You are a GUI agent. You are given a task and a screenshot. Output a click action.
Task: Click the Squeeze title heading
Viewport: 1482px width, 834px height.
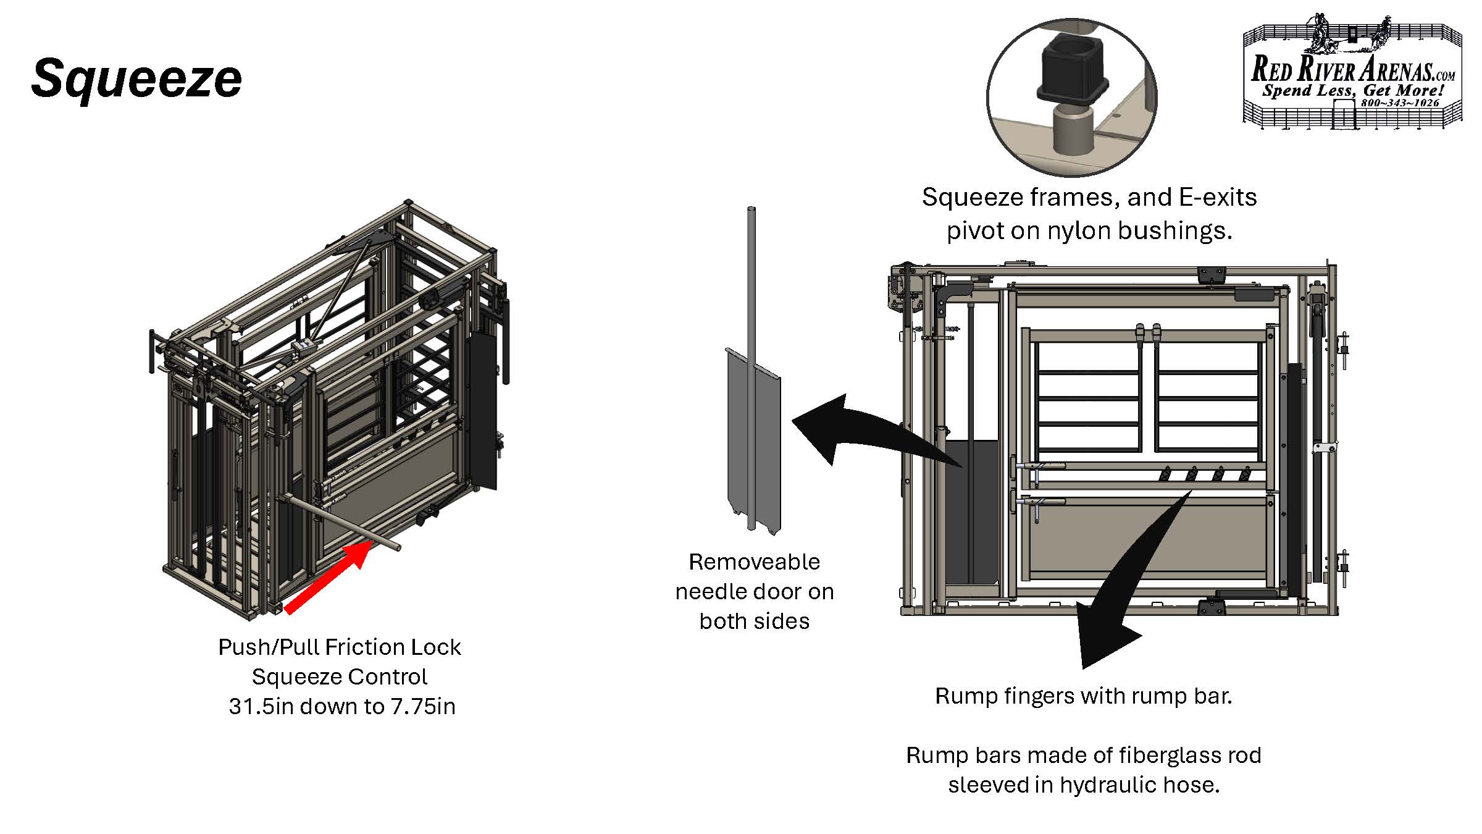[x=136, y=78]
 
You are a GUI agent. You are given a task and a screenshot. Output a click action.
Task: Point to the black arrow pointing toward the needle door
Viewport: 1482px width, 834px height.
[x=865, y=432]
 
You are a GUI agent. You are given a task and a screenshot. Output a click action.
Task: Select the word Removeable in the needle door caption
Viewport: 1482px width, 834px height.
[x=754, y=562]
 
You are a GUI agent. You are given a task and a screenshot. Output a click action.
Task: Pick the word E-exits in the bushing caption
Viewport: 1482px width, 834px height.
[x=1218, y=198]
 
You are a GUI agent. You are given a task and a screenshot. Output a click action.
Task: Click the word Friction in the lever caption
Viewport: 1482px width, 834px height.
[x=359, y=647]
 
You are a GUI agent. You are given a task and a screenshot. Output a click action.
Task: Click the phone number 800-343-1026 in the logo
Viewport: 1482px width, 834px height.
[x=1400, y=103]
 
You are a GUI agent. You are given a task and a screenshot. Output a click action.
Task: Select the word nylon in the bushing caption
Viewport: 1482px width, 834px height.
[x=1078, y=231]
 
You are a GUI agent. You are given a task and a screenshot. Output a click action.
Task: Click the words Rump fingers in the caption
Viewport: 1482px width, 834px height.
[x=997, y=696]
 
